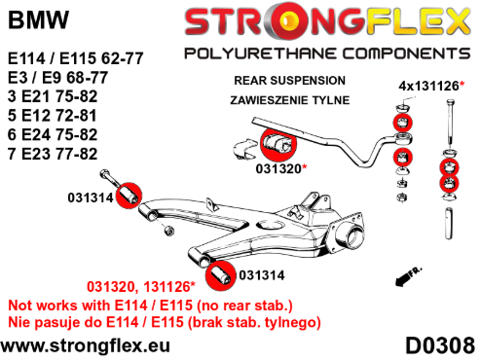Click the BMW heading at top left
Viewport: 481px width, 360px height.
click(38, 20)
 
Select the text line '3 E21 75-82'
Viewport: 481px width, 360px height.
click(53, 96)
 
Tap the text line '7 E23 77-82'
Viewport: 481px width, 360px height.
click(53, 154)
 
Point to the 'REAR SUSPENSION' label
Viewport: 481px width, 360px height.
click(289, 81)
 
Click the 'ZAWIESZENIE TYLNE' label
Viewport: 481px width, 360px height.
click(290, 100)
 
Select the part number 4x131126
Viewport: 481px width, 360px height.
click(428, 86)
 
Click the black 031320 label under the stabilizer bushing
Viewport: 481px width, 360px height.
click(278, 168)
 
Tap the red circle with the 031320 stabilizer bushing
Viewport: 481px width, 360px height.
click(278, 144)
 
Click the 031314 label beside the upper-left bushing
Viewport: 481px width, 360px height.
click(91, 198)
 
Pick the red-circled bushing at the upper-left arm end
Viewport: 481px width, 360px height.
click(129, 196)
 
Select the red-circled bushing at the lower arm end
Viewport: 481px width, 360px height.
click(221, 275)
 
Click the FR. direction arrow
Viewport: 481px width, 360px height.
click(408, 276)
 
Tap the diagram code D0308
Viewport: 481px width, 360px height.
click(440, 345)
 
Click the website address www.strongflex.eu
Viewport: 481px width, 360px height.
click(85, 345)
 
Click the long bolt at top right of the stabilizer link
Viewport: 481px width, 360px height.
click(450, 122)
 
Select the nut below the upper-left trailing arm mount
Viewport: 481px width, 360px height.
click(168, 231)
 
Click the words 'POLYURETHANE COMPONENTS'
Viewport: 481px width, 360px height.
click(327, 54)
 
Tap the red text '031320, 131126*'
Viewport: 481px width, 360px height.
click(141, 287)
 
